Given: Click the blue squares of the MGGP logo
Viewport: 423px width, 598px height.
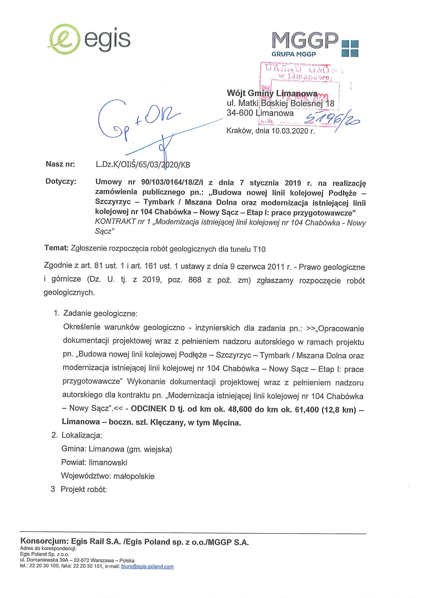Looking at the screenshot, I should pos(350,48).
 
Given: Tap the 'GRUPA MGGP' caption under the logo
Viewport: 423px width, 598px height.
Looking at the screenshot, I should pos(294,54).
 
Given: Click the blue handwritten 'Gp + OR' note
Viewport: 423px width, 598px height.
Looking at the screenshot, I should pos(136,120).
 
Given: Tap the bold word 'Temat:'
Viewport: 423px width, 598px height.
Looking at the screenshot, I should pos(56,248).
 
